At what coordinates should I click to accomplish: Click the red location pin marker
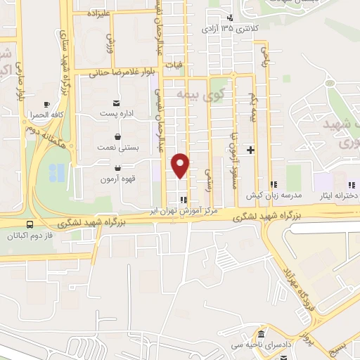181,166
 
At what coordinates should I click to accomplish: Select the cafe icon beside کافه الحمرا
47,103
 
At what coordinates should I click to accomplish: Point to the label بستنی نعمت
117,148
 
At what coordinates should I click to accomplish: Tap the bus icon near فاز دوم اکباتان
30,226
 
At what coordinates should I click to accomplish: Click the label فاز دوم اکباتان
32,236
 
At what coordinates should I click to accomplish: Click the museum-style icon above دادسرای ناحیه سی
262,333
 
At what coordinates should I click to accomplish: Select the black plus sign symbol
250,150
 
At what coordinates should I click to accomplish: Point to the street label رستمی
208,179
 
